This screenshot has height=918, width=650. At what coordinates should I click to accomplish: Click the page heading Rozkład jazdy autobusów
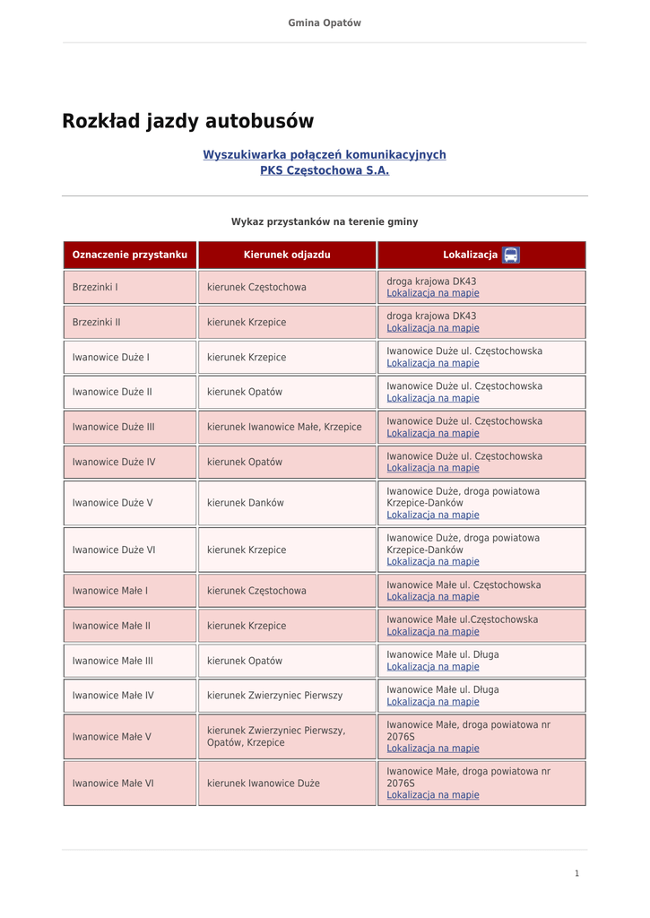[187, 121]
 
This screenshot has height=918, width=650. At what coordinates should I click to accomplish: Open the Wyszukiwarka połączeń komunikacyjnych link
[324, 155]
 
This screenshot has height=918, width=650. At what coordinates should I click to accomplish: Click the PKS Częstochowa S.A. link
[325, 170]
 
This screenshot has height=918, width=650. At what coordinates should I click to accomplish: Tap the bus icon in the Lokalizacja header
[511, 255]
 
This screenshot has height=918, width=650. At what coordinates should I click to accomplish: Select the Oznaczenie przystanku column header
[130, 255]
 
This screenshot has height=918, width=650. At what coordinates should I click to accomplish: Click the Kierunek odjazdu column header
[287, 255]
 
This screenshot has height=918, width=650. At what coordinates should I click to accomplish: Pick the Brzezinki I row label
[95, 287]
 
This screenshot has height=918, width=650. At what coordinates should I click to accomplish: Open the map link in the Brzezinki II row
[433, 328]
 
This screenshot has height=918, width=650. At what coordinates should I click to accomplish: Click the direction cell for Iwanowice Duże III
[284, 427]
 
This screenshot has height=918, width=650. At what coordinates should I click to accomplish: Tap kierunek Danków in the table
[245, 503]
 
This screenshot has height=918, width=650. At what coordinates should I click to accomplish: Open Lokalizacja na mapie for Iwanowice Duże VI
[433, 561]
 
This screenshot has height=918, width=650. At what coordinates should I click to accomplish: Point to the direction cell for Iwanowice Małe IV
[274, 696]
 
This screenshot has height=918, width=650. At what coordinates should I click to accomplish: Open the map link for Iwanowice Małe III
[433, 667]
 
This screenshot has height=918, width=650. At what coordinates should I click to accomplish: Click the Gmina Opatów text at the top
[325, 23]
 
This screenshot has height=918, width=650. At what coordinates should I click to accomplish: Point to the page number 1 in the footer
[577, 873]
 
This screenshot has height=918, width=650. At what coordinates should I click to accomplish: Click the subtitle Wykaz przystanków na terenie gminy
[325, 221]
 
